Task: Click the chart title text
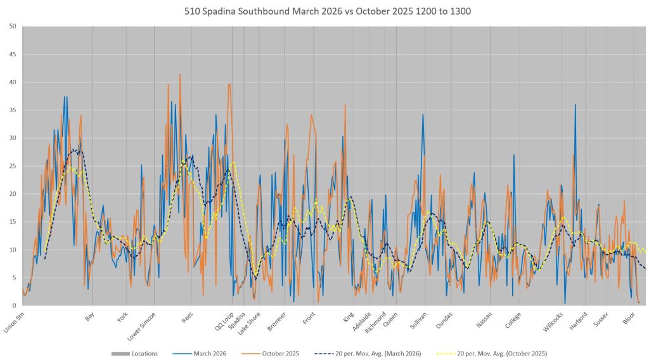pos(324,11)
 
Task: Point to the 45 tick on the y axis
pos(13,54)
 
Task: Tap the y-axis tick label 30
pos(13,138)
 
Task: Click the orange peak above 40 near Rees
pos(180,75)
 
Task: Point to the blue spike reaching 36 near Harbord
pos(575,105)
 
